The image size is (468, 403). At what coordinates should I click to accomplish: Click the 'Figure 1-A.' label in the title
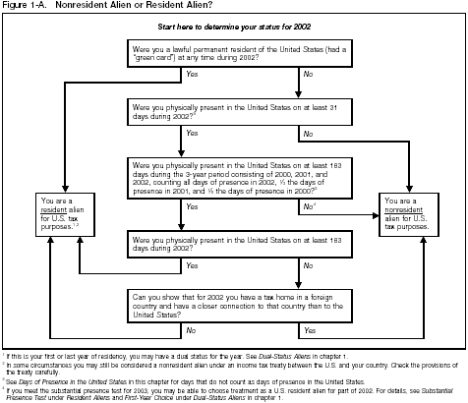click(24, 6)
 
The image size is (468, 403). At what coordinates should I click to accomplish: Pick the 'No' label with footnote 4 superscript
click(308, 207)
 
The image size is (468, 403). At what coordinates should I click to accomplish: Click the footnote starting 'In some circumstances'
click(226, 364)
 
